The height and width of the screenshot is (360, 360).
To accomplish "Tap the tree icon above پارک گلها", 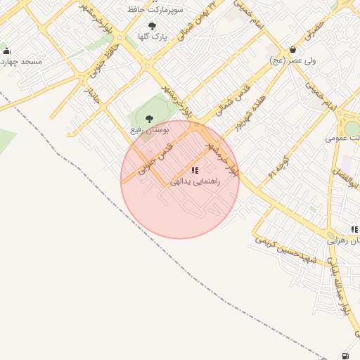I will [152, 27].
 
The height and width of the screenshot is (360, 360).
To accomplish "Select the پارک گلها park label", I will [153, 37].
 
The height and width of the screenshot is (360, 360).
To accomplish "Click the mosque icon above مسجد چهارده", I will [7, 51].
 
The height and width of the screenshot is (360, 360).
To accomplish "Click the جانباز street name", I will [91, 98].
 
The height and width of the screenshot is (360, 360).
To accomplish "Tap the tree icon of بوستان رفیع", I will [148, 119].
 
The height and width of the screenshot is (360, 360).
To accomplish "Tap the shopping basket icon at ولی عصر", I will [292, 50].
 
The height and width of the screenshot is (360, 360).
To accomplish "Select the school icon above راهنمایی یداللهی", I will [195, 170].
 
